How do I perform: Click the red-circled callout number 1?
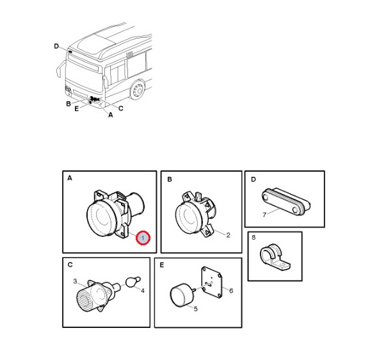[x=143, y=238]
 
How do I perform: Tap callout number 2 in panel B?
[x=228, y=235]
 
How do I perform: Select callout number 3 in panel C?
[x=75, y=281]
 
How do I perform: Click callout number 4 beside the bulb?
[x=143, y=291]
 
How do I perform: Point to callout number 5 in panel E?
[x=195, y=309]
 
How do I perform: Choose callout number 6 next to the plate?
[x=231, y=290]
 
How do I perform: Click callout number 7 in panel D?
[x=264, y=215]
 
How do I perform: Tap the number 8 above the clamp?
[x=254, y=237]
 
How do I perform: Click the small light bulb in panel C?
[x=133, y=282]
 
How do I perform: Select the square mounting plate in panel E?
[x=212, y=282]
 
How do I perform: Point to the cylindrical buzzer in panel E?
[x=182, y=295]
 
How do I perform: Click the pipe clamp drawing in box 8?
[x=275, y=258]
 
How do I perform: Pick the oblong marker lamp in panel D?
[x=286, y=201]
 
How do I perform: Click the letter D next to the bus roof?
[x=56, y=46]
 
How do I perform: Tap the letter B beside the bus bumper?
[x=69, y=104]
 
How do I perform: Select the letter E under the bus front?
[x=76, y=109]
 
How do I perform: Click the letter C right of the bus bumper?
[x=120, y=108]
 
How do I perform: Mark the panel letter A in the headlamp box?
[x=70, y=179]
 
